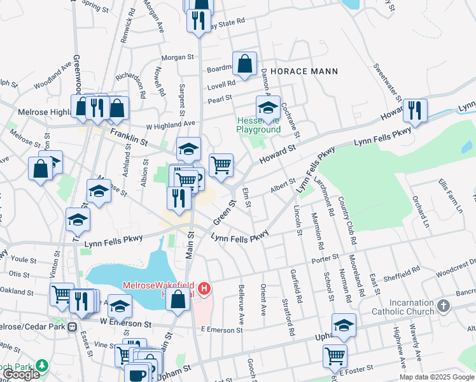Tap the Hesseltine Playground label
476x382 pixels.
point(258,125)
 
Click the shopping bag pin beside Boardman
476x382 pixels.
point(244,64)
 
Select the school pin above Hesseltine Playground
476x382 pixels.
point(269,108)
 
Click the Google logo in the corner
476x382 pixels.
point(21,374)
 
